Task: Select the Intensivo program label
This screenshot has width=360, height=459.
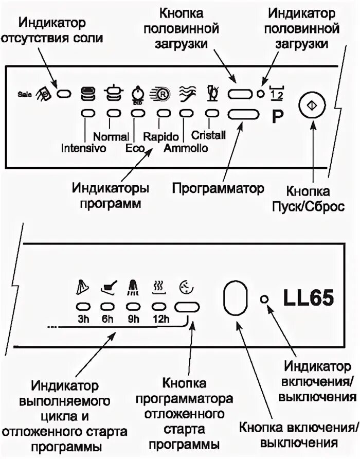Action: (x=83, y=149)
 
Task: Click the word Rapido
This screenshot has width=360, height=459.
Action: (x=161, y=137)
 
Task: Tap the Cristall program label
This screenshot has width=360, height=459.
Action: (x=209, y=135)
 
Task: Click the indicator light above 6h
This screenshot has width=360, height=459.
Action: (x=107, y=306)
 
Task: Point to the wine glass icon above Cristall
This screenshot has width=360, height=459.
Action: (x=211, y=93)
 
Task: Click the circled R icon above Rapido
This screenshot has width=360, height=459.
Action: (x=159, y=94)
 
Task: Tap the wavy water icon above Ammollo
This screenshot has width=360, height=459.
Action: (x=185, y=93)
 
